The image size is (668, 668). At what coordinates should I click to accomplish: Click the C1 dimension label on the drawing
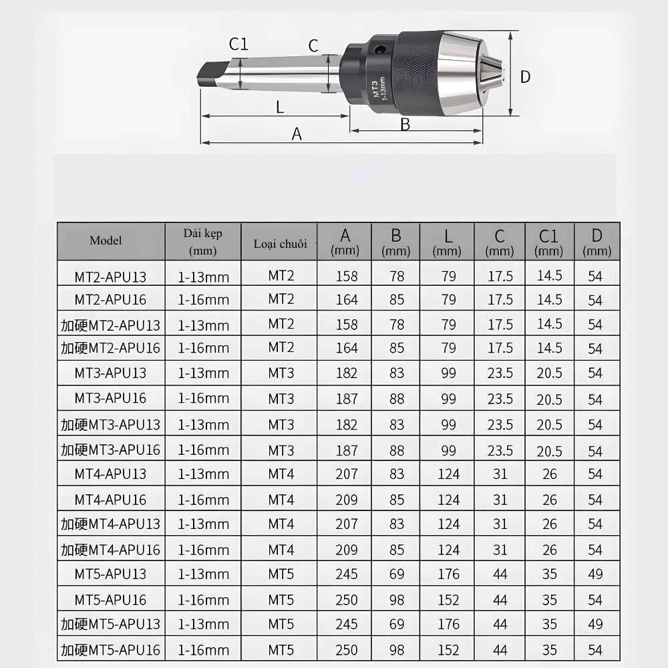238,44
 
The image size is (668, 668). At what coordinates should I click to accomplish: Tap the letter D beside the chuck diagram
525,77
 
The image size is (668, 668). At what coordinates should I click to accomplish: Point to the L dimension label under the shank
280,107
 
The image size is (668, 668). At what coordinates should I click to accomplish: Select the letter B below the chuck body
405,124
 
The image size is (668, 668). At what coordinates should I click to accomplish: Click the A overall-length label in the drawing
297,134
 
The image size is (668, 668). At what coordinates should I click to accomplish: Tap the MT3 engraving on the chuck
375,89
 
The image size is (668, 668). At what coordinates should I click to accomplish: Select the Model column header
106,240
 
